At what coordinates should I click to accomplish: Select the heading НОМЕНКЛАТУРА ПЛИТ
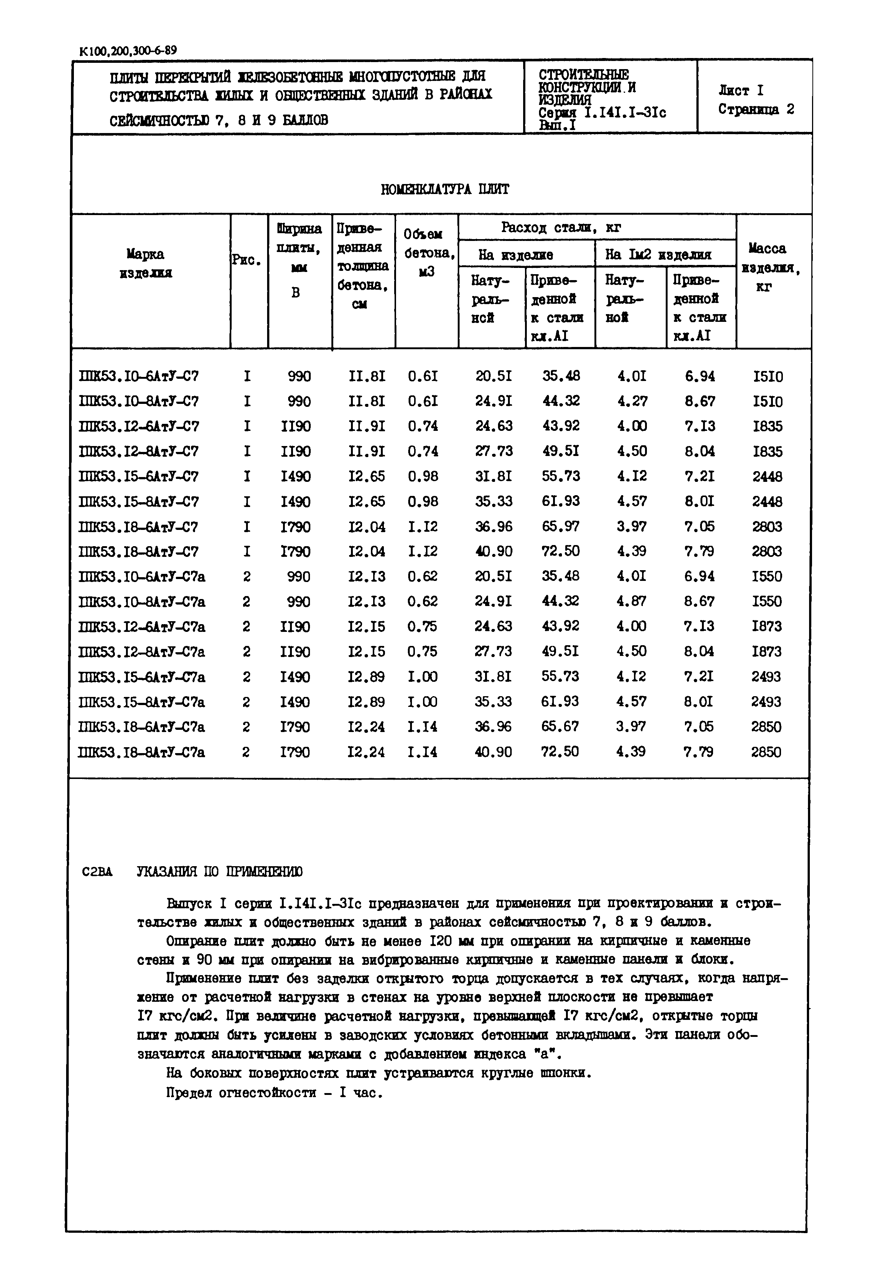point(445,189)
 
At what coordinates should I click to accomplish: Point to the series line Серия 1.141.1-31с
point(602,113)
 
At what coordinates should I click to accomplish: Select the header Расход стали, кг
point(561,228)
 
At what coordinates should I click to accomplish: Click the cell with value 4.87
point(631,601)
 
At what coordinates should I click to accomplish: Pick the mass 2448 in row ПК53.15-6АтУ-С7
point(767,477)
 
